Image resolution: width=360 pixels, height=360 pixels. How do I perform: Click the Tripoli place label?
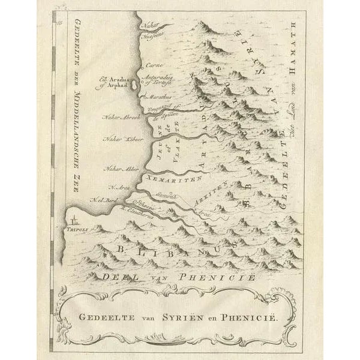point(77,227)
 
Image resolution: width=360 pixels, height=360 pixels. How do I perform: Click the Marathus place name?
point(159,96)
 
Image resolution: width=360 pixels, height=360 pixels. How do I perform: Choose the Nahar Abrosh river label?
point(122,116)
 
